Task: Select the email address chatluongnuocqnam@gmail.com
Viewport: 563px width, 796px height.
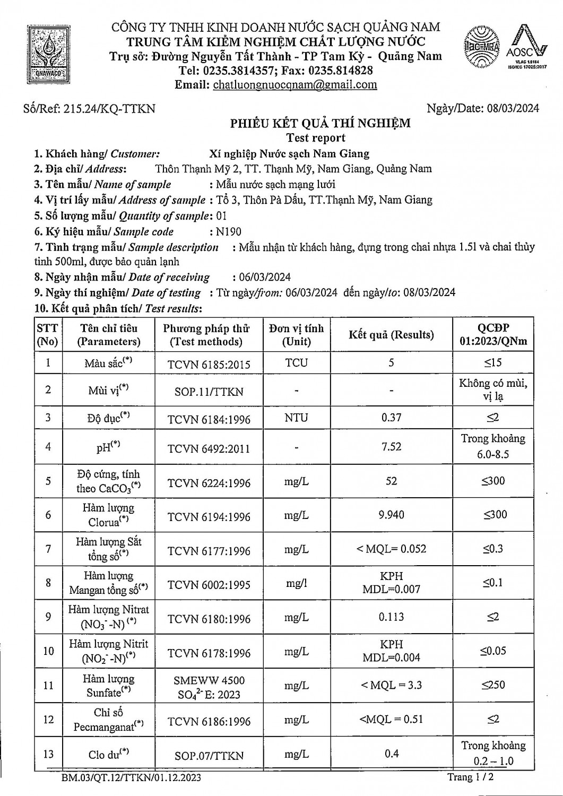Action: click(x=295, y=85)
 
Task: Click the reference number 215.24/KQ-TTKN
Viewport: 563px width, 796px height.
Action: click(x=109, y=109)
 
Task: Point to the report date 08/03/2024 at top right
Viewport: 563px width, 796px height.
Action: click(x=512, y=108)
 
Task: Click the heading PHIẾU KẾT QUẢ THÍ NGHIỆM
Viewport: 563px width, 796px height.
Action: click(x=320, y=124)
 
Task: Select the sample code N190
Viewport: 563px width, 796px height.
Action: click(x=229, y=232)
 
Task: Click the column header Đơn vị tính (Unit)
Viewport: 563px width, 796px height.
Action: click(x=296, y=335)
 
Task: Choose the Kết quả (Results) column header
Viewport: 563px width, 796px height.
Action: click(x=391, y=335)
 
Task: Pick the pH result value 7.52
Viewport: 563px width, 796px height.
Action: click(x=391, y=447)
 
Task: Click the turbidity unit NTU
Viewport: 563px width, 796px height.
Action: click(x=296, y=418)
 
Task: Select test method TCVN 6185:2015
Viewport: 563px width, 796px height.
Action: click(x=209, y=365)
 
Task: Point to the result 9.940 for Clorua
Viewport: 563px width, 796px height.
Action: click(x=391, y=515)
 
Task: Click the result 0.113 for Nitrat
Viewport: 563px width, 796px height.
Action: click(x=391, y=617)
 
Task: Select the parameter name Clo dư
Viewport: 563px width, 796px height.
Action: click(x=108, y=754)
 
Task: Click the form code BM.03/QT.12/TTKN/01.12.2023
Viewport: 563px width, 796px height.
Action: click(x=131, y=778)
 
